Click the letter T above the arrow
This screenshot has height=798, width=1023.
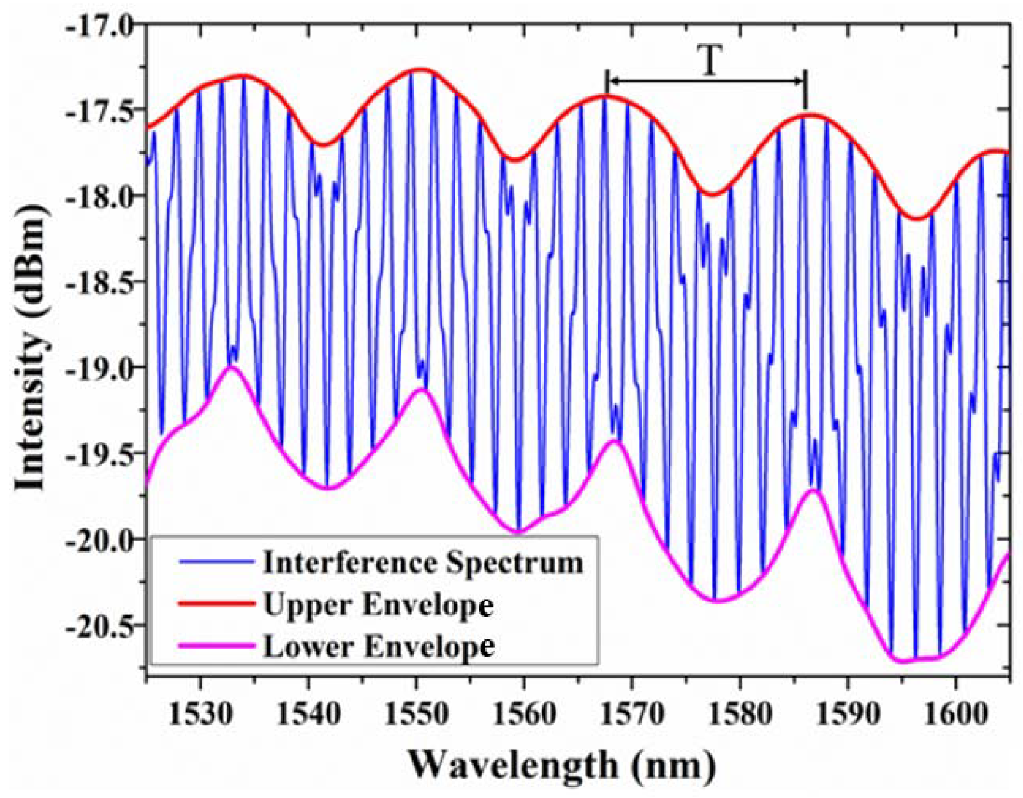pos(709,61)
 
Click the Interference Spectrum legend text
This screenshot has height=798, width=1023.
pos(423,563)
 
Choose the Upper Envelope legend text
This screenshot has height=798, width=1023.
pos(378,604)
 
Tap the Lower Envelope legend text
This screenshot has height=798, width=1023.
pos(378,647)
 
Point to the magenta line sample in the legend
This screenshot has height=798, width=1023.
pos(216,646)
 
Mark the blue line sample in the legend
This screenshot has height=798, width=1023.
pos(216,562)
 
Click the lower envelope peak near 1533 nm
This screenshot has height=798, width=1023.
pos(231,367)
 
